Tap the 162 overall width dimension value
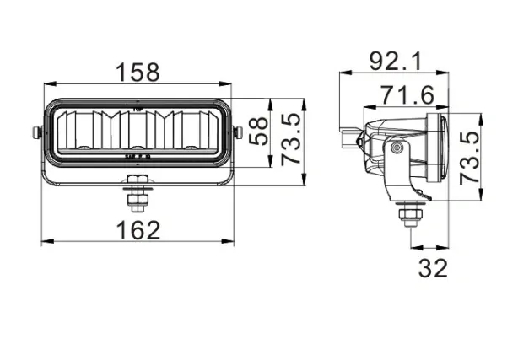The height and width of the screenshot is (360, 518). pos(138,228)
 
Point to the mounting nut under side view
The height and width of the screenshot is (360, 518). pos(410,215)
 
